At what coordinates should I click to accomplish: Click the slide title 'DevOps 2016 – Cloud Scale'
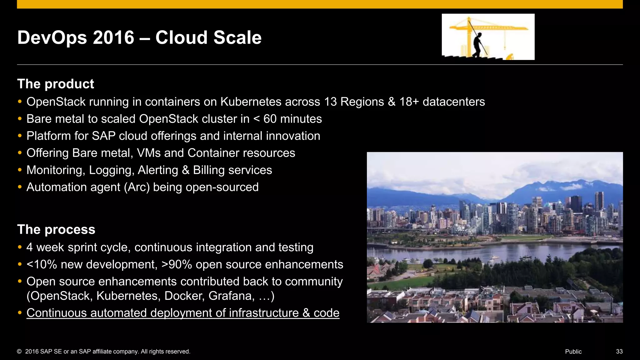pos(139,37)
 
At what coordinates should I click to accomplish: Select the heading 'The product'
pos(56,84)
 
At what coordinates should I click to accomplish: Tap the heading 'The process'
pos(56,229)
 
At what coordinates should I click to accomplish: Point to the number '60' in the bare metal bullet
pos(270,119)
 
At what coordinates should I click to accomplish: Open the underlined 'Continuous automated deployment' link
pos(183,313)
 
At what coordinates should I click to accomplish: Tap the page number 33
pos(619,352)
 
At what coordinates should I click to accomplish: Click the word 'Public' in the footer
pos(573,352)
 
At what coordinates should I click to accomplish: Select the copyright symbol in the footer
pos(19,352)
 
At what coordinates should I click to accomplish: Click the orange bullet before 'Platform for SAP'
pos(20,136)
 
